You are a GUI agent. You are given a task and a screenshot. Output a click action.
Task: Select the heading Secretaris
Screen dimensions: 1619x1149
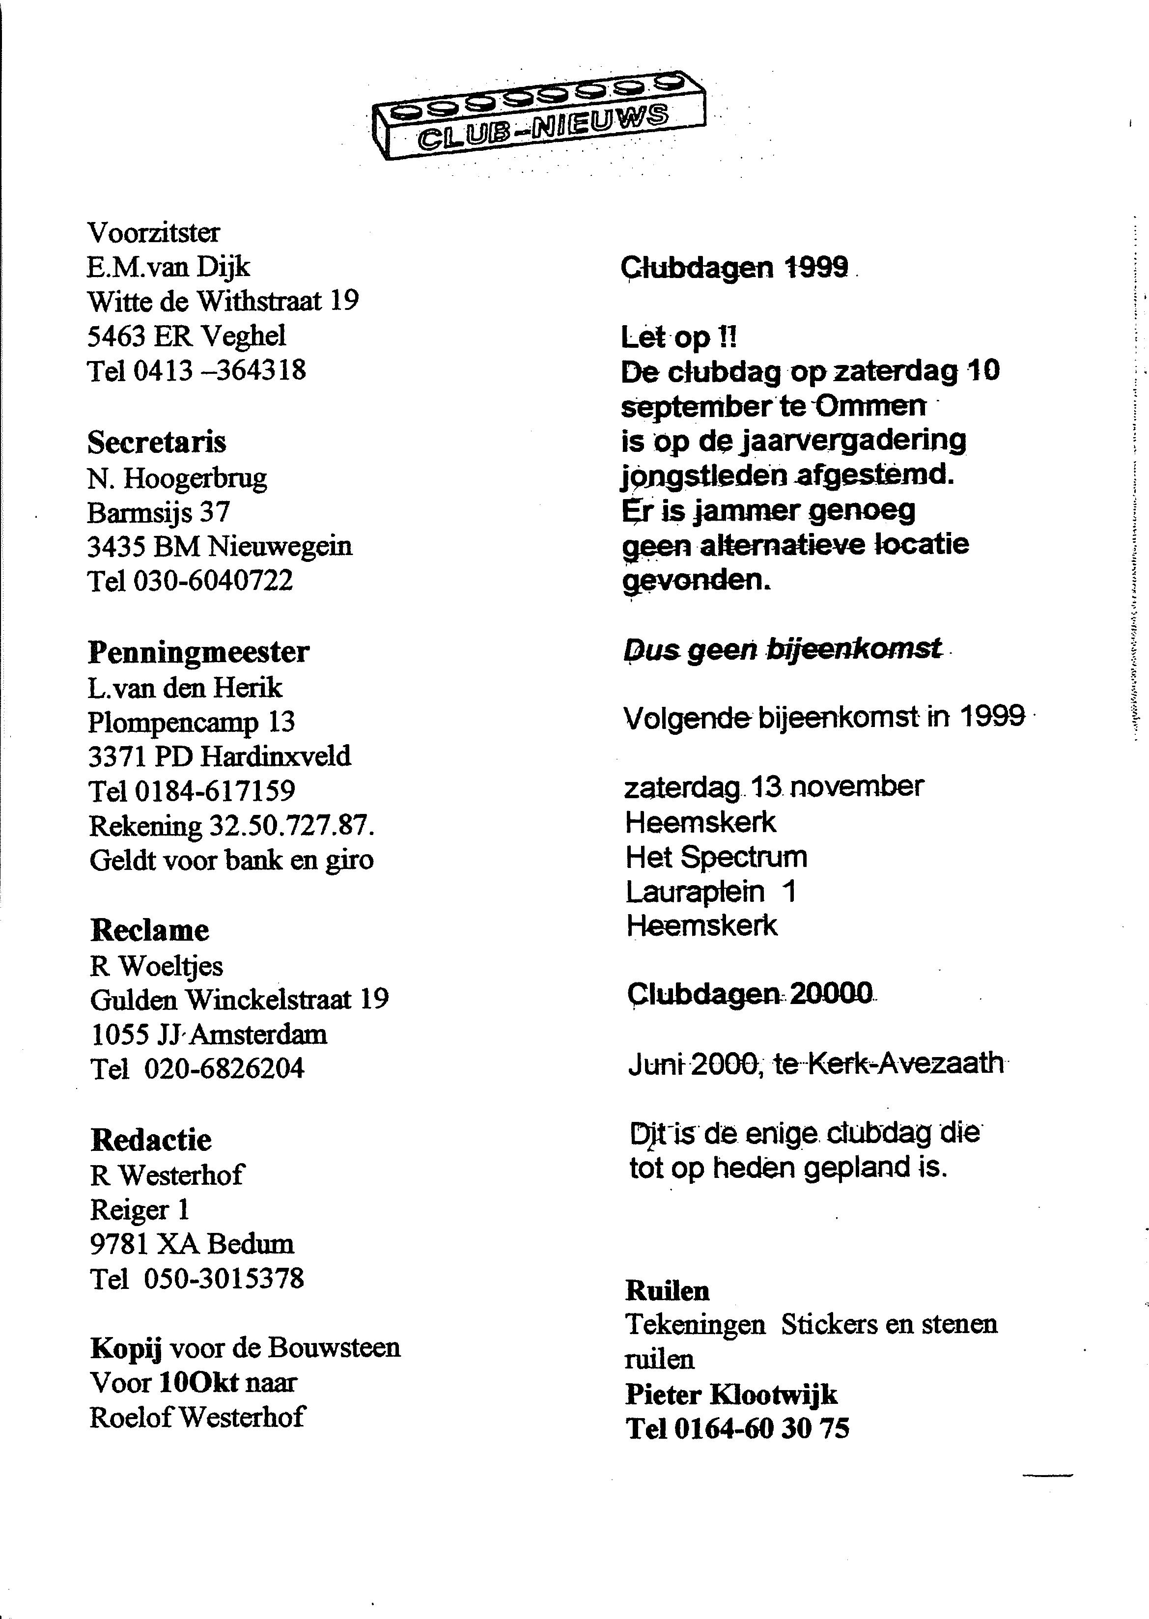(x=156, y=443)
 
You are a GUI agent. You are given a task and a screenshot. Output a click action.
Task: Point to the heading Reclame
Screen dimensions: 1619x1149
(x=150, y=930)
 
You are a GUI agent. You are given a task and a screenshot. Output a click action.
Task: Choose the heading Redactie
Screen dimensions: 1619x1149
(x=151, y=1140)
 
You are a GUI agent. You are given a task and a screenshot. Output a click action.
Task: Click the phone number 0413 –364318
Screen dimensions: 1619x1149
(x=219, y=371)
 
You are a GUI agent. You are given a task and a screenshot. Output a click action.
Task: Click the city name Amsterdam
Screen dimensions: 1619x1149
(x=258, y=1035)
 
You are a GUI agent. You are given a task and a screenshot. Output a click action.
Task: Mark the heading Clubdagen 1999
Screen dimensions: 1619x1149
(x=734, y=267)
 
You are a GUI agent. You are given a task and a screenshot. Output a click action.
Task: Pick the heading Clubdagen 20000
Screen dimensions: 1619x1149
(x=750, y=995)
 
